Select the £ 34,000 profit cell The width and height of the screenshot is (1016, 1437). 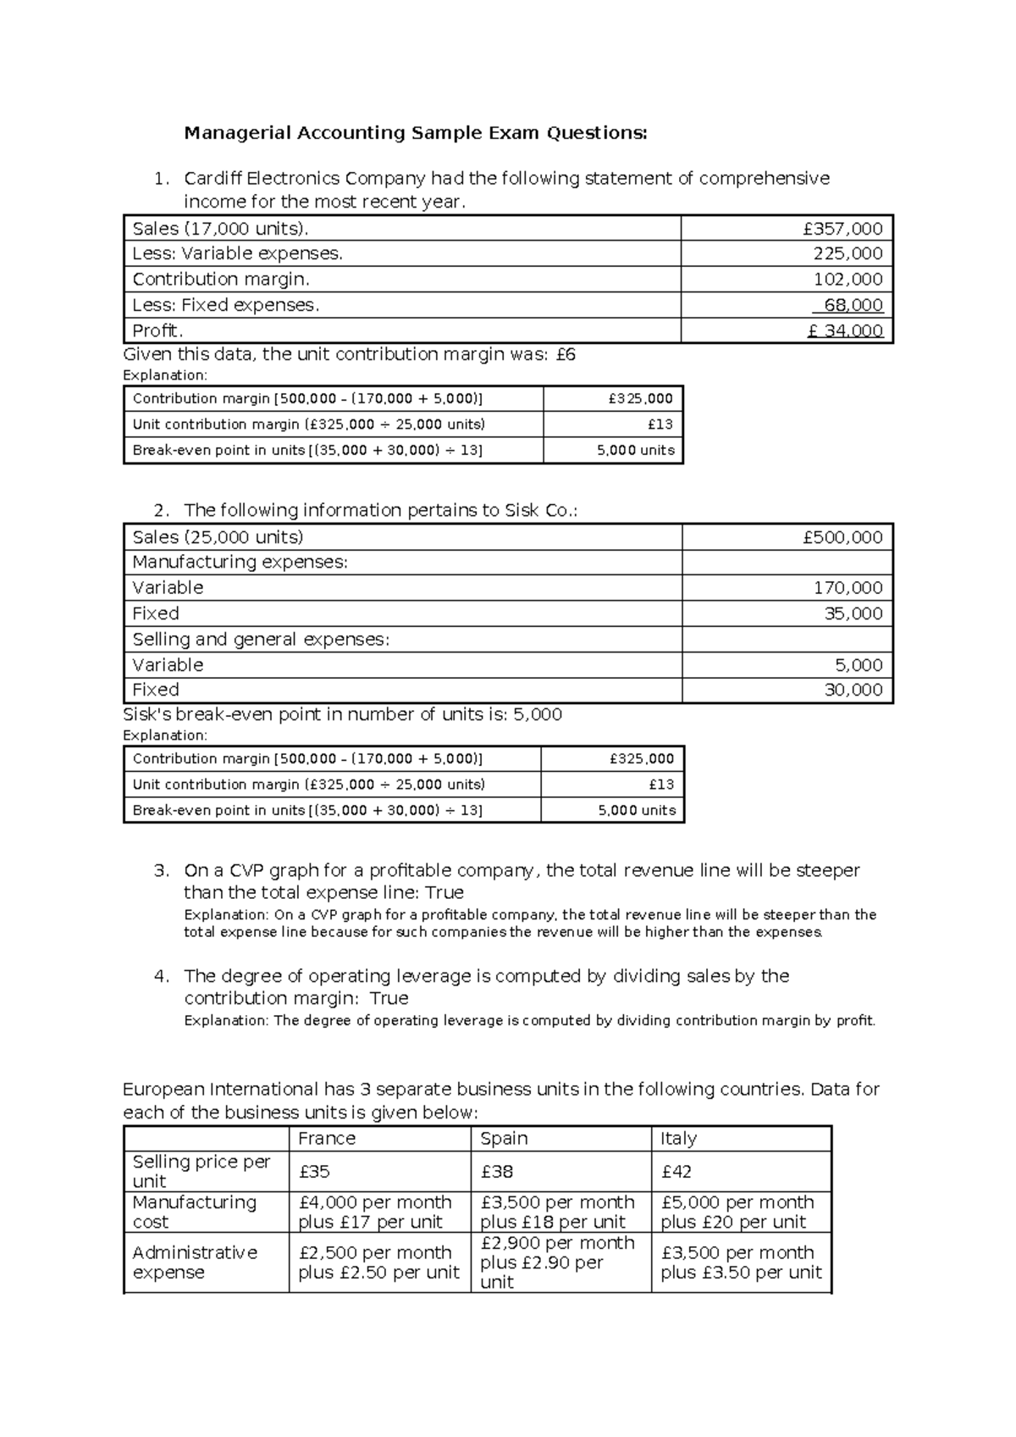[x=845, y=331]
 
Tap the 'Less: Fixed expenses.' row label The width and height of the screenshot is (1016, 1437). [x=226, y=305]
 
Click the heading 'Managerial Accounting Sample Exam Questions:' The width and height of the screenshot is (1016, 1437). [x=416, y=133]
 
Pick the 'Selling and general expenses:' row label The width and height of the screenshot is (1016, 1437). [x=261, y=639]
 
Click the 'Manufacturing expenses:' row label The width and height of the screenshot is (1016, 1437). [x=240, y=562]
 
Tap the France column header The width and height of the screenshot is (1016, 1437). [x=327, y=1138]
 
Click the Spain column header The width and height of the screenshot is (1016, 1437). [x=504, y=1138]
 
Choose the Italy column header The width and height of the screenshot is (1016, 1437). [x=678, y=1138]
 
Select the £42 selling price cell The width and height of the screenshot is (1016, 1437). [x=676, y=1172]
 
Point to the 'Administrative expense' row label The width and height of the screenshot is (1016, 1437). [x=195, y=1262]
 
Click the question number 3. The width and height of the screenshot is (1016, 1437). [x=161, y=870]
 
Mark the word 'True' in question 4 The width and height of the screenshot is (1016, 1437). [x=389, y=998]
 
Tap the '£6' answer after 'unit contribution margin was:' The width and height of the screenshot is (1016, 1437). [x=566, y=354]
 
